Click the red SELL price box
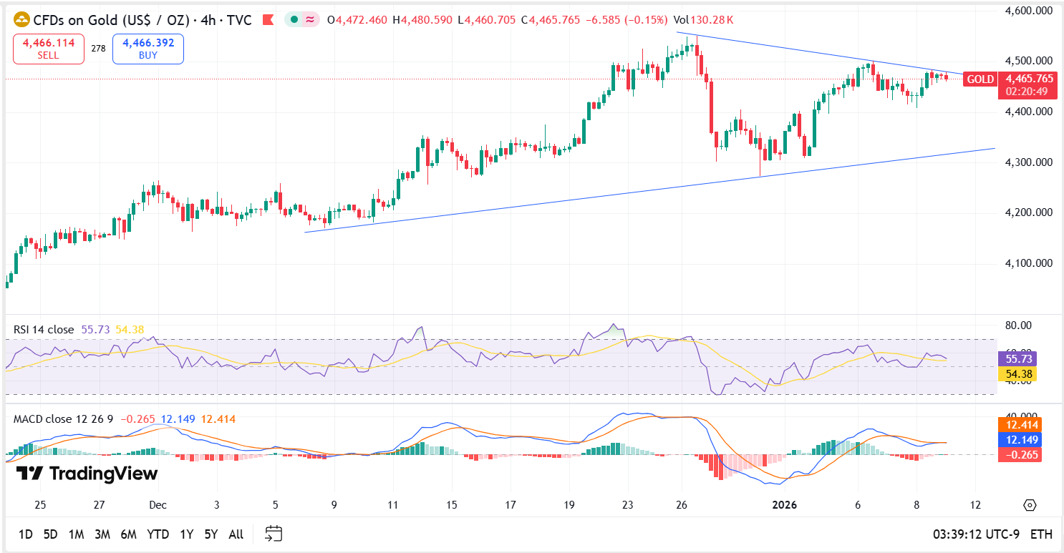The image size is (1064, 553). point(49,49)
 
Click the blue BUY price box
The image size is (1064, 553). point(148,49)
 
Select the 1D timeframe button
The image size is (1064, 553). point(25,534)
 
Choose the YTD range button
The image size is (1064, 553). point(158,534)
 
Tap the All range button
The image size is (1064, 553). point(236,534)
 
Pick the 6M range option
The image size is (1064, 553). point(129,534)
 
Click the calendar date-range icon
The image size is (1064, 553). point(274,534)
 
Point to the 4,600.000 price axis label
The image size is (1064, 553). point(1028,11)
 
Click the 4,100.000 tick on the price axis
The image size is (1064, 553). point(1028,263)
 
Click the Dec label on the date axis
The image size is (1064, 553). point(158,505)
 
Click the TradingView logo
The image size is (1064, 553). point(87,474)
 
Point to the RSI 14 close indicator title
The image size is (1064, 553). point(44,330)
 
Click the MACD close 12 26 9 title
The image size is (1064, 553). point(64,419)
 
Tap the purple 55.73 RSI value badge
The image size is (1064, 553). point(1017,359)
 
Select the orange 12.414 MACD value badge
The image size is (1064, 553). point(1018,425)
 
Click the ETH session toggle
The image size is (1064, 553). point(1041,534)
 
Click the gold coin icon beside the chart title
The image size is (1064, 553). point(21,20)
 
